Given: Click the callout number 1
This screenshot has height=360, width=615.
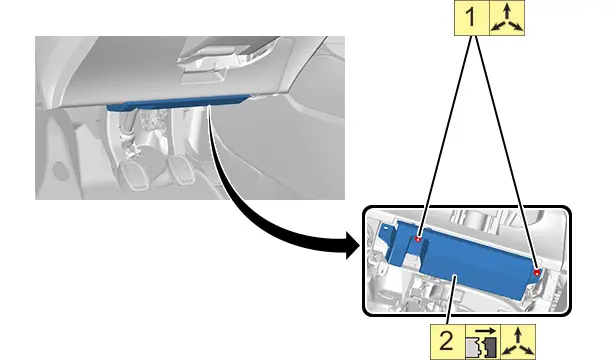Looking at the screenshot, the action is pyautogui.click(x=471, y=18).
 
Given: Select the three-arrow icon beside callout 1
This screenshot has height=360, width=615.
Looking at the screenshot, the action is pyautogui.click(x=507, y=18).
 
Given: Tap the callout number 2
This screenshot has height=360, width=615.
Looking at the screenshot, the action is pyautogui.click(x=447, y=341).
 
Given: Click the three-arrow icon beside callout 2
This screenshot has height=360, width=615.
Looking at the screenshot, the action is pyautogui.click(x=518, y=342).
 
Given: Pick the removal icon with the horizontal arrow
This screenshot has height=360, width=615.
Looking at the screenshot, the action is pyautogui.click(x=483, y=342).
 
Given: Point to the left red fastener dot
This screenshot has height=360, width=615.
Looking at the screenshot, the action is pyautogui.click(x=418, y=239).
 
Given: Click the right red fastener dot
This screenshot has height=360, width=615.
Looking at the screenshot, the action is pyautogui.click(x=537, y=272).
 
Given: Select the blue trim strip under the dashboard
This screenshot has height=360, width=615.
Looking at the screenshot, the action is pyautogui.click(x=178, y=101).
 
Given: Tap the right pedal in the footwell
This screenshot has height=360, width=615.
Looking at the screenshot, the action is pyautogui.click(x=181, y=169).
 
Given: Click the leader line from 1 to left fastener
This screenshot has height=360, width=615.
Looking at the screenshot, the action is pyautogui.click(x=444, y=136).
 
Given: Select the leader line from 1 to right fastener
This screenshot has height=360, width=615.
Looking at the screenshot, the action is pyautogui.click(x=506, y=153).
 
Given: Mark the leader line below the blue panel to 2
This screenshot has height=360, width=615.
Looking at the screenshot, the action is pyautogui.click(x=450, y=300).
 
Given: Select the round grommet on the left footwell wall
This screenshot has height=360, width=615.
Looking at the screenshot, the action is pyautogui.click(x=60, y=170).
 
